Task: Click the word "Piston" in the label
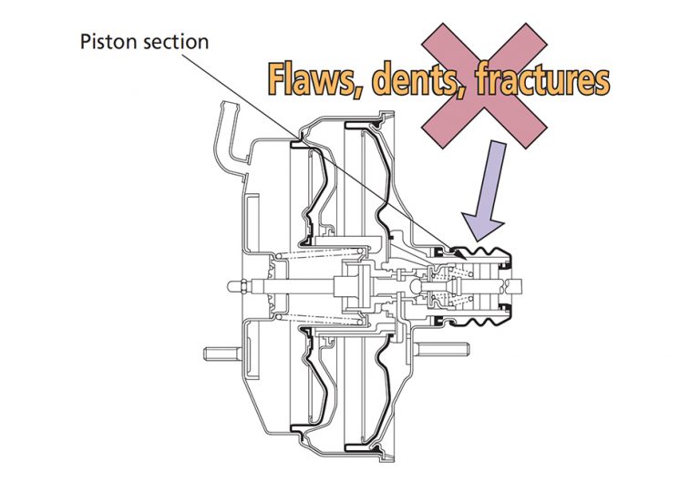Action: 106,42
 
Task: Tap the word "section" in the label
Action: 172,42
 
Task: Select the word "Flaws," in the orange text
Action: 314,80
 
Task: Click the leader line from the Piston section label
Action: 301,145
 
